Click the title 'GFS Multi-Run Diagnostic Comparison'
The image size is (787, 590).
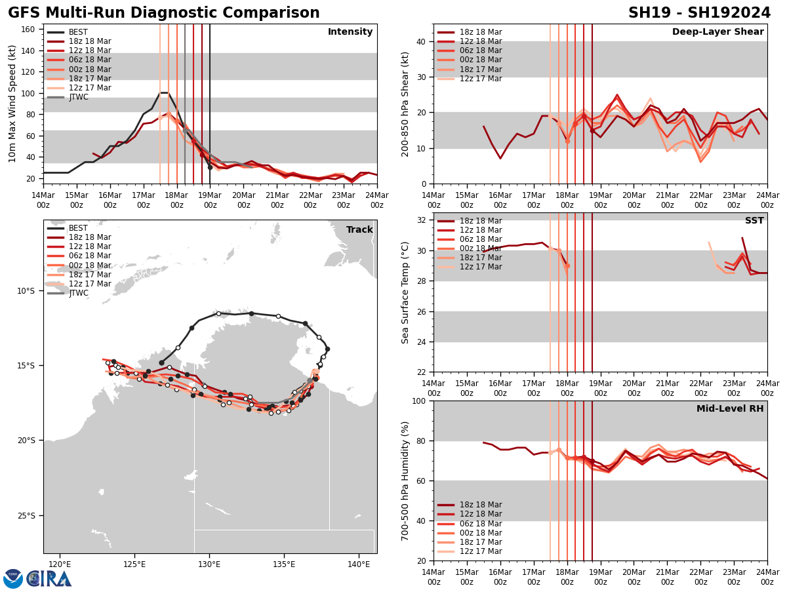tap(164, 13)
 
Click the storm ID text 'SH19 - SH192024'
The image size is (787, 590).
tap(699, 13)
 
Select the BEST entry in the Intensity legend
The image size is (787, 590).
tap(78, 32)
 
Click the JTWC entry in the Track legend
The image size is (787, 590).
tap(78, 293)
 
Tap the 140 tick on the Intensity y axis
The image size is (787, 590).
tap(30, 50)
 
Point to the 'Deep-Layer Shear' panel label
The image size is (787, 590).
tap(717, 32)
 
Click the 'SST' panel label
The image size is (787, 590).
tap(754, 221)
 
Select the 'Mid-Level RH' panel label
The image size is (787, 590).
tap(730, 409)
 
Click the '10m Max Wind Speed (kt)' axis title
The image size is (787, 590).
tap(12, 104)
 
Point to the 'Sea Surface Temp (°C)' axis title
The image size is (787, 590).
tap(406, 292)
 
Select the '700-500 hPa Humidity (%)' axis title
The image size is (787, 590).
tap(406, 481)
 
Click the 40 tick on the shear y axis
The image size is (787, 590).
tap(420, 41)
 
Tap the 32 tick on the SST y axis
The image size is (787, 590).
tap(420, 220)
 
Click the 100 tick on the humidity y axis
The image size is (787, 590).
tap(418, 401)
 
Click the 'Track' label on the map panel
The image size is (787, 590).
tap(359, 230)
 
